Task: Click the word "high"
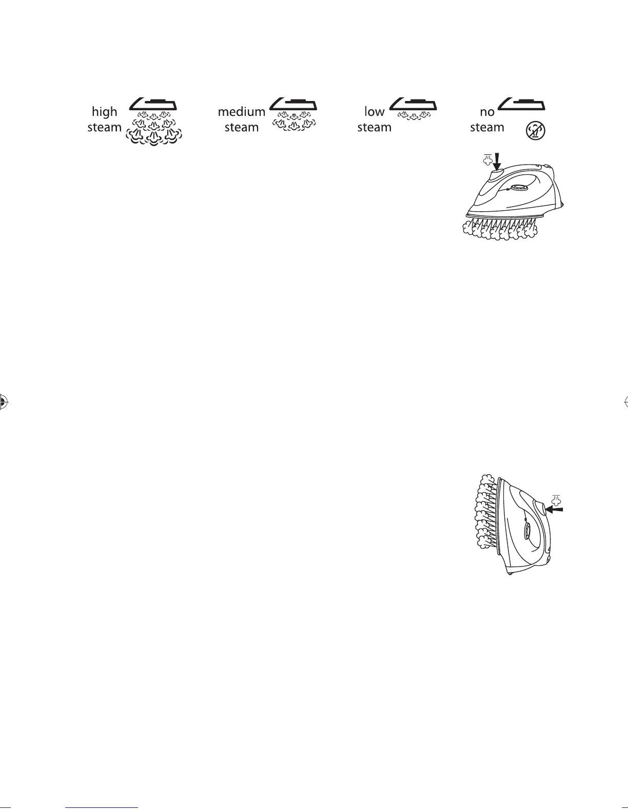click(104, 112)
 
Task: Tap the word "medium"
click(241, 112)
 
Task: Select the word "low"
click(374, 112)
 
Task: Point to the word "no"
click(487, 112)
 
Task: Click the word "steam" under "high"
click(104, 127)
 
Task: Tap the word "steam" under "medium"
click(241, 127)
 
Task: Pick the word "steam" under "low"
click(374, 127)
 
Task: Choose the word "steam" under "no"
click(487, 127)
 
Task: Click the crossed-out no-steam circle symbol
click(536, 131)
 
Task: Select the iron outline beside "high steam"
click(153, 104)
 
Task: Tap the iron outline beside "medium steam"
click(293, 104)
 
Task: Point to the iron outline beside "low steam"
click(413, 104)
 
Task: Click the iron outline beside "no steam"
click(522, 104)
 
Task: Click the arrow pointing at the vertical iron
click(556, 509)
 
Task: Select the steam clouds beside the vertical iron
click(483, 513)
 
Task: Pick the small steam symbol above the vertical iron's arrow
click(556, 498)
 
